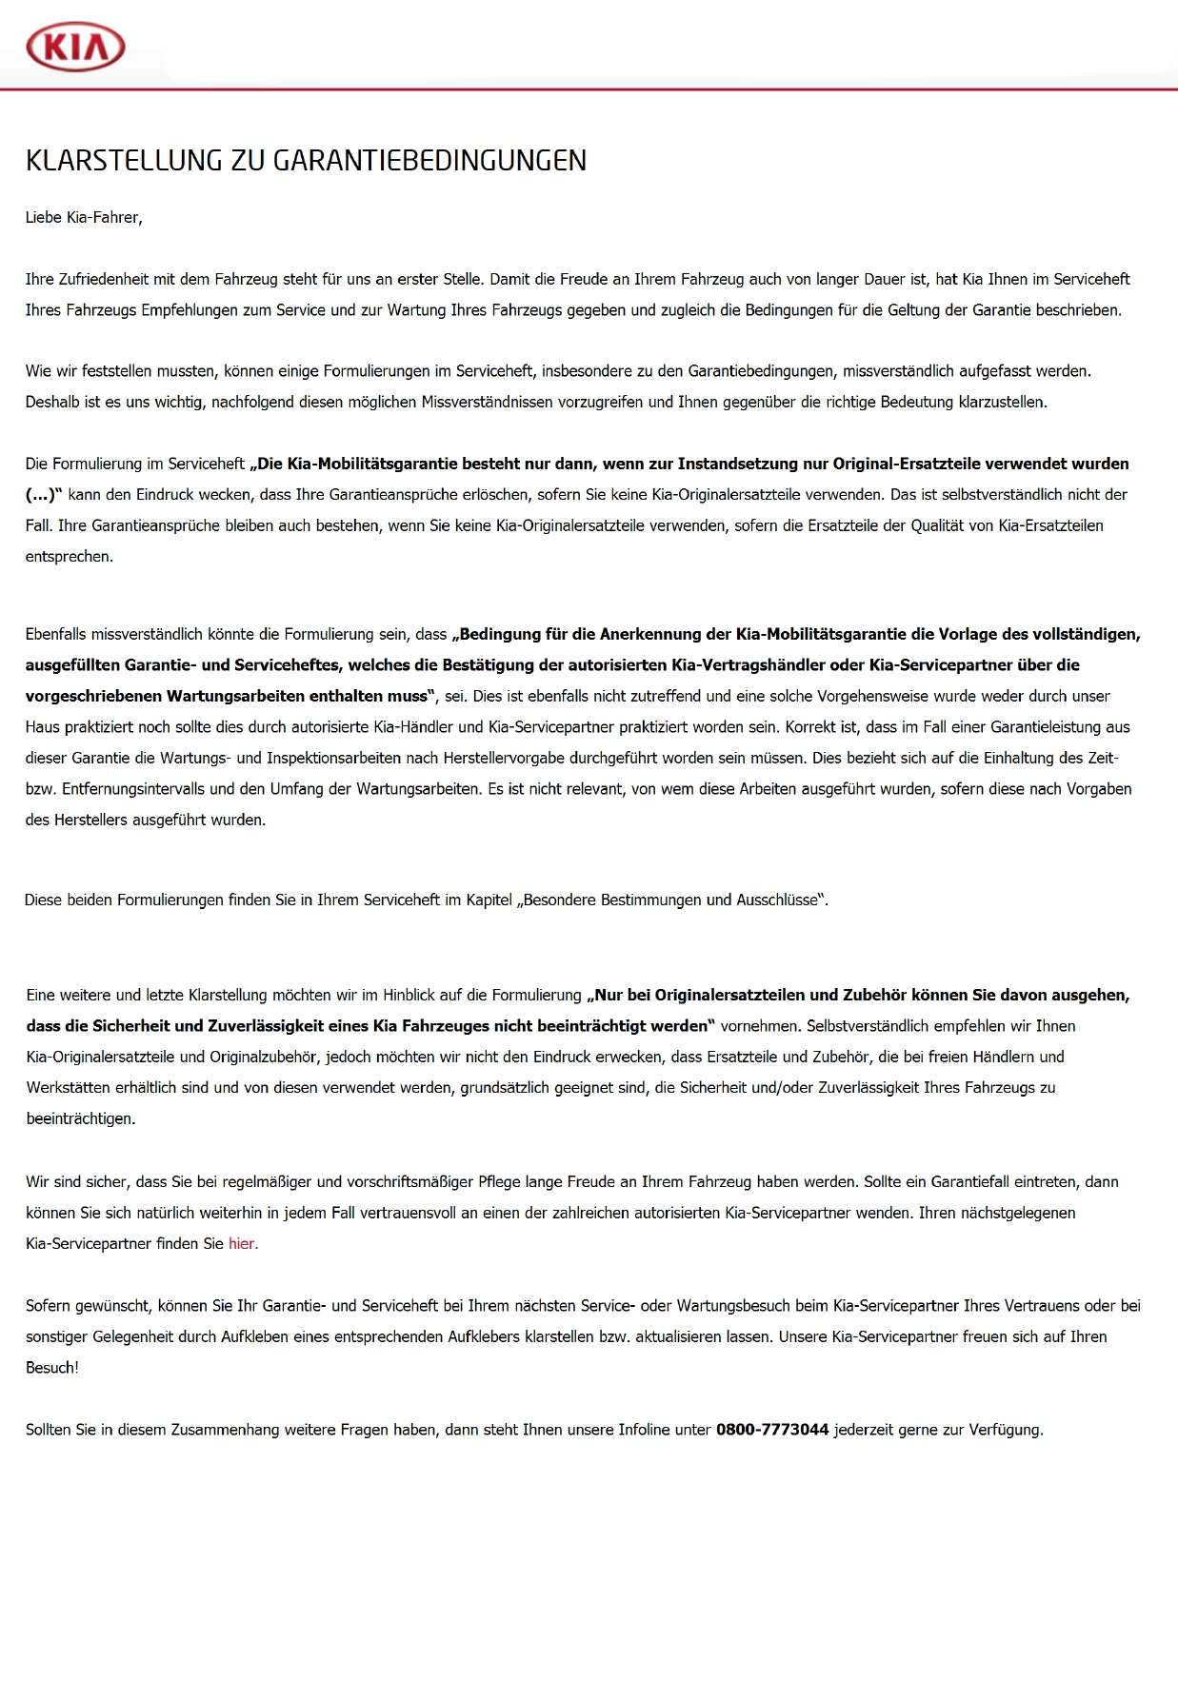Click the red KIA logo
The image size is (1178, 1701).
point(75,47)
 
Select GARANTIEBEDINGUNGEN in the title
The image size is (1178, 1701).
point(429,160)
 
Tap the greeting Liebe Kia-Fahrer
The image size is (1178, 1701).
point(84,218)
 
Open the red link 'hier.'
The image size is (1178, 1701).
point(243,1244)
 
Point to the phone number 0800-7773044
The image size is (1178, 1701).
point(772,1430)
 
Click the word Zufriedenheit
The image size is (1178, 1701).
point(106,280)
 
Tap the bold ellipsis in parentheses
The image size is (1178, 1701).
point(43,495)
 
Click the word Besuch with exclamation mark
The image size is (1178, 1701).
point(51,1368)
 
